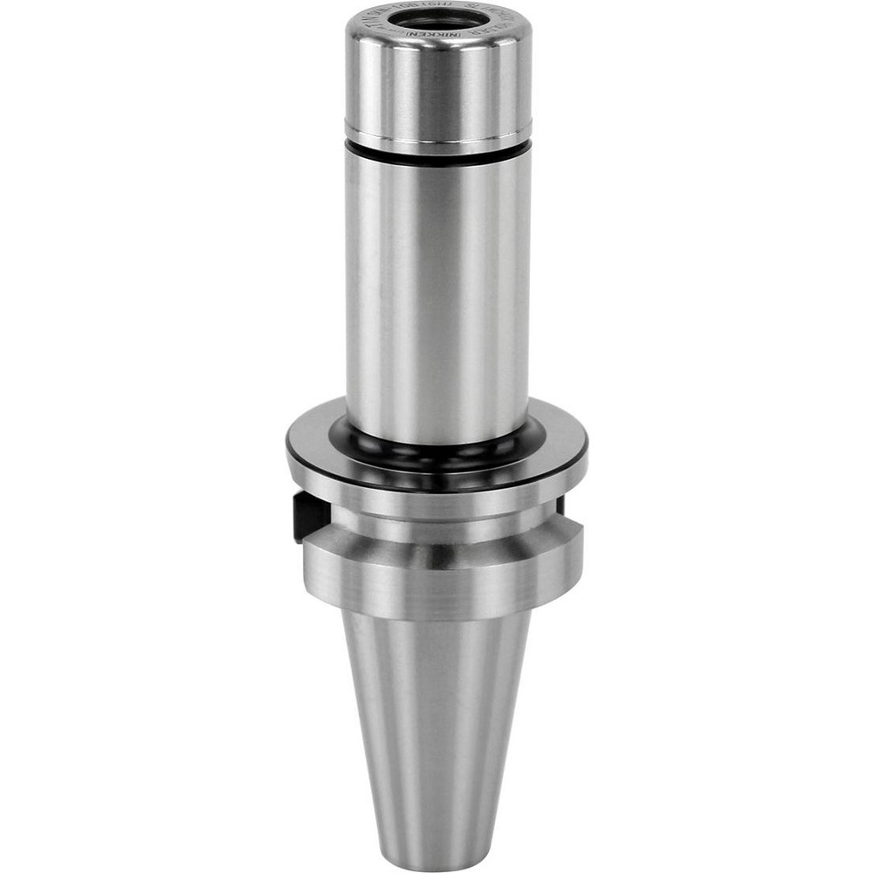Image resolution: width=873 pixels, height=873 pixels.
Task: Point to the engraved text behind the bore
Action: (438, 9)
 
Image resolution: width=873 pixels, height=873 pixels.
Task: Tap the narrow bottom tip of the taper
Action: (436, 856)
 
